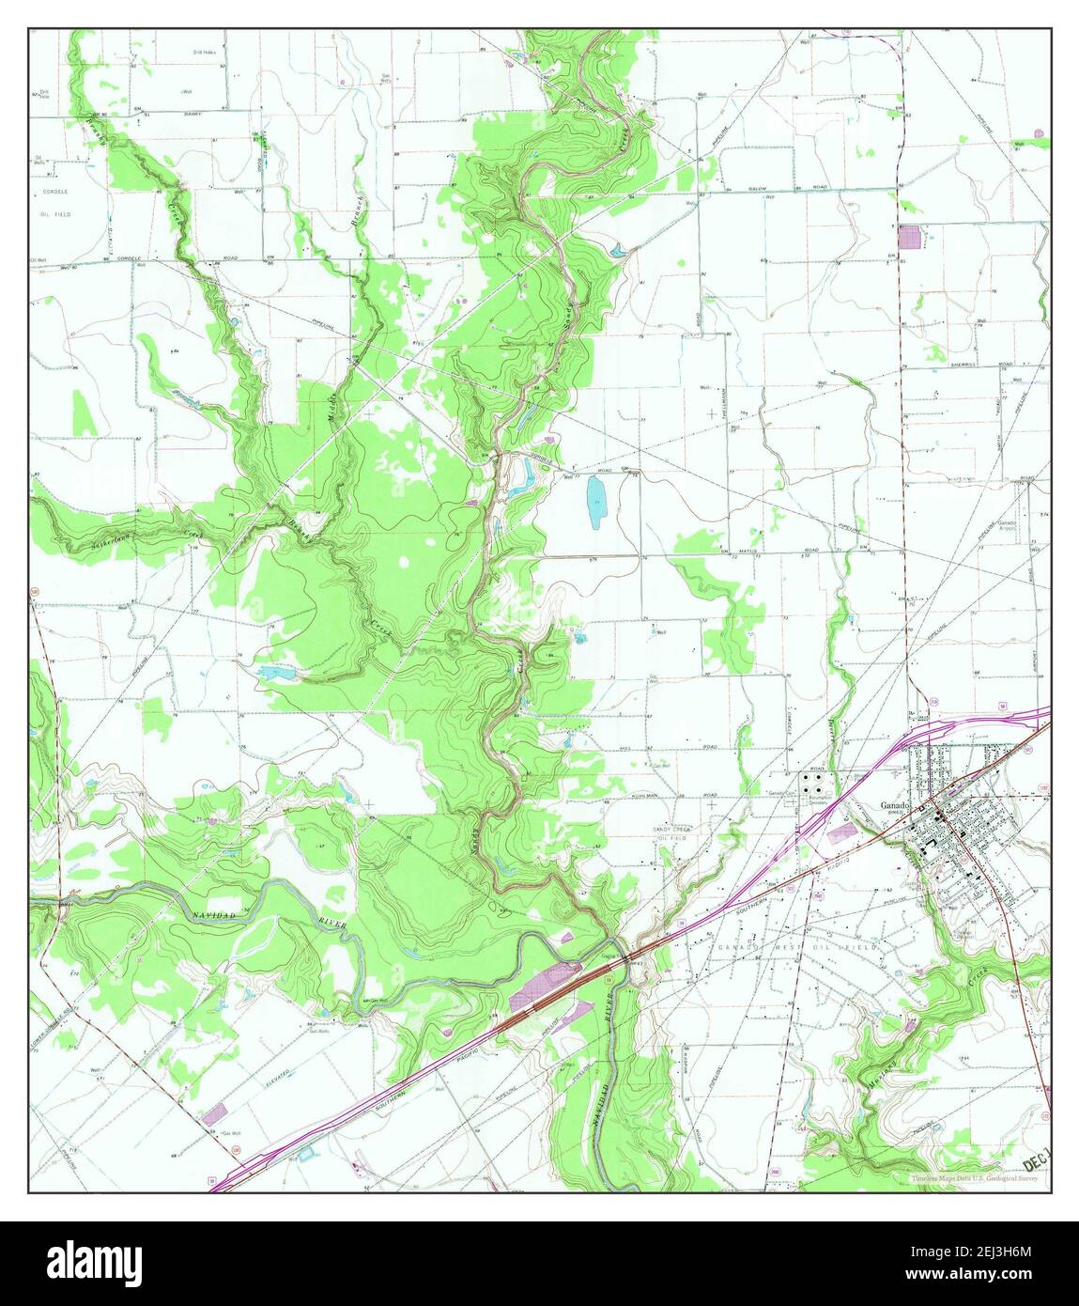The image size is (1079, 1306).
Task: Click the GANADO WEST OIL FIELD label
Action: pos(797,948)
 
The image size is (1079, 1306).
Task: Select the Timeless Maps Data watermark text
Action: pos(972,1178)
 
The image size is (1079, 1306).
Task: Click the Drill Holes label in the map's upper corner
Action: pos(204,53)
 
